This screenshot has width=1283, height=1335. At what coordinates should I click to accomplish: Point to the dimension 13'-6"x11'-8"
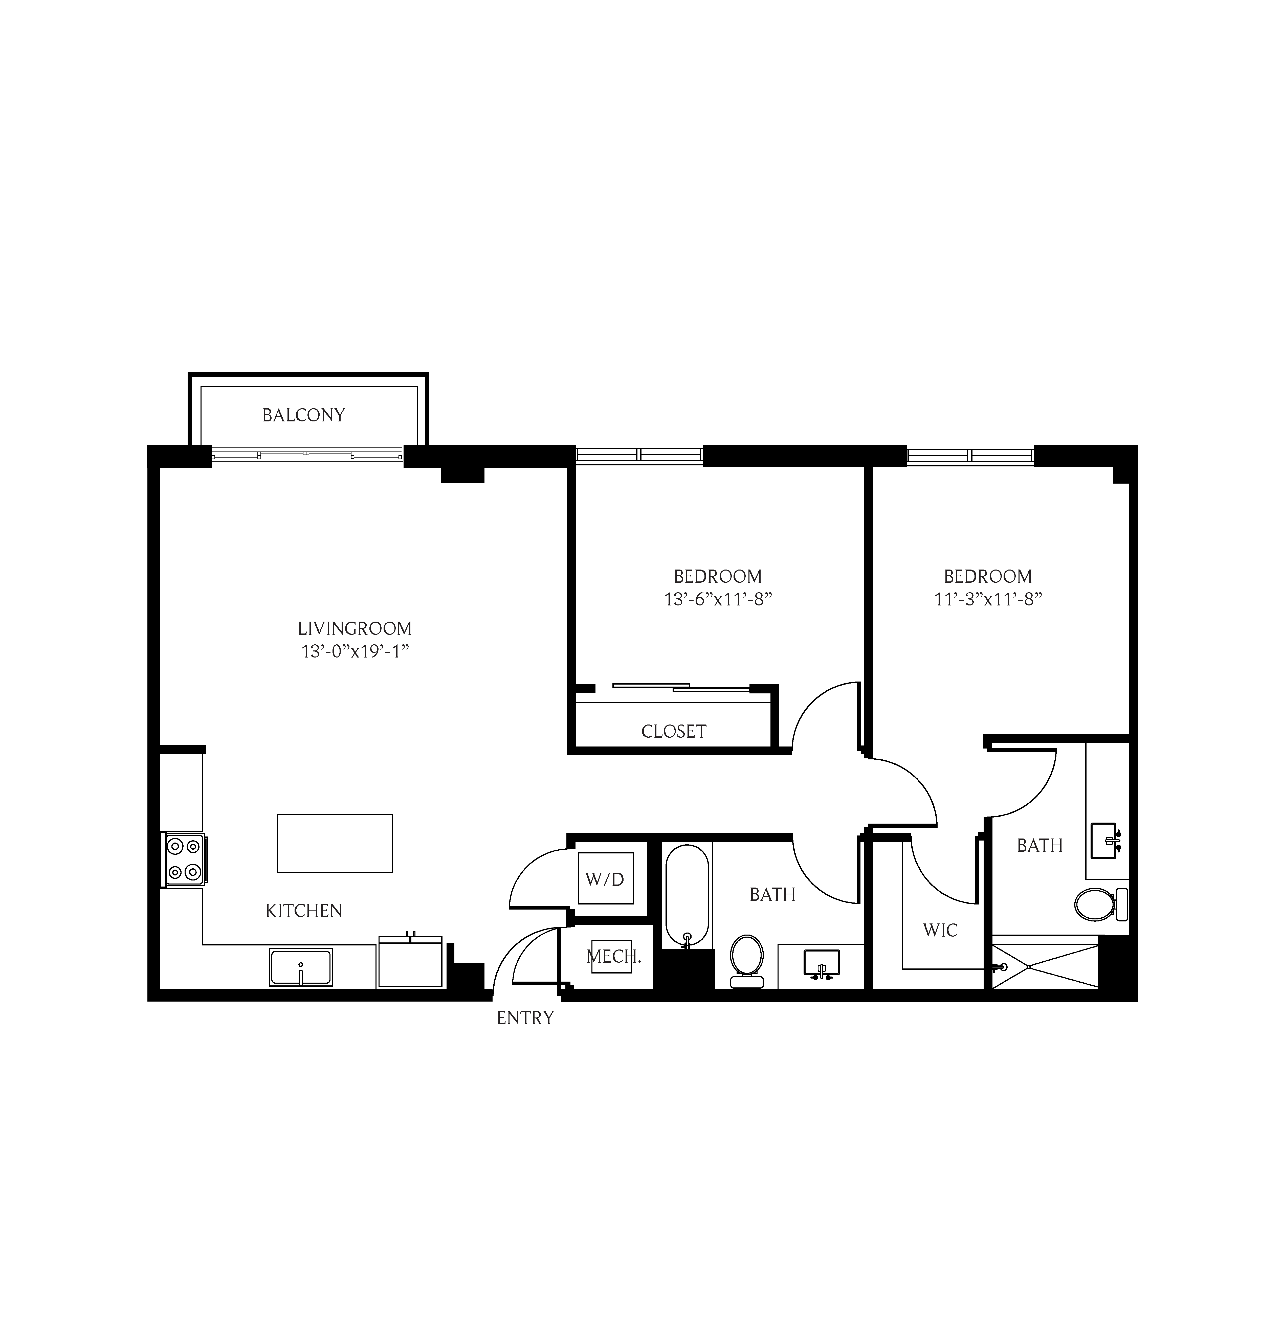coord(717,599)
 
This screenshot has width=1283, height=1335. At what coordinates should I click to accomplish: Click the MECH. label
coord(613,956)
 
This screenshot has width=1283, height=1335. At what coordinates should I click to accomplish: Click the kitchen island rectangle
coord(335,843)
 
